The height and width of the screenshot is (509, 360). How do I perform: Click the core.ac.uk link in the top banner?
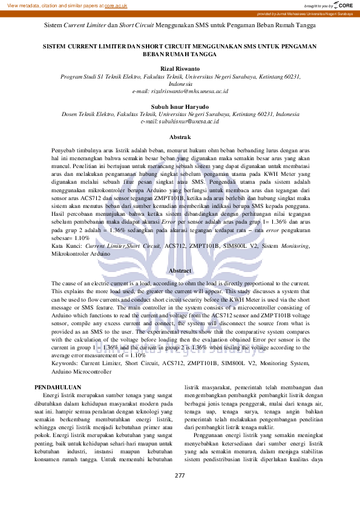(x=116, y=5)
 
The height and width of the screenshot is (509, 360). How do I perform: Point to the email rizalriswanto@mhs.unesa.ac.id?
(x=180, y=91)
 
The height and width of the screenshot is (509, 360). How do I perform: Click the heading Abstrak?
(x=180, y=137)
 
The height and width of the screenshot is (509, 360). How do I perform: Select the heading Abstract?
(x=180, y=270)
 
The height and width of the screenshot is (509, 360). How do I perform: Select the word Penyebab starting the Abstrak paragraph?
(x=65, y=149)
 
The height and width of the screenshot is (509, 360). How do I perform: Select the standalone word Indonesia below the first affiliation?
(x=179, y=84)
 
